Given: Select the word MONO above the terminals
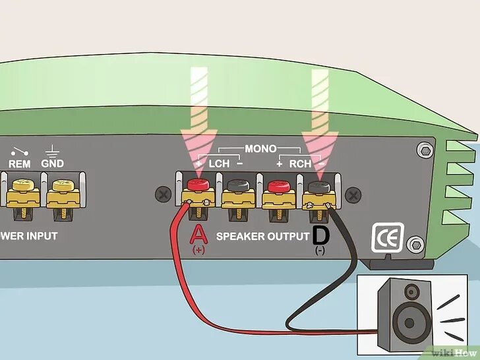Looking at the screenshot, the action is coord(260,150).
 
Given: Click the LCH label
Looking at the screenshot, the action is coord(219,162).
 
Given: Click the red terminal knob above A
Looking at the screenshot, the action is coord(196,183).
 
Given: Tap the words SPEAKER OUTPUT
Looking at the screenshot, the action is coord(262,235).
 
